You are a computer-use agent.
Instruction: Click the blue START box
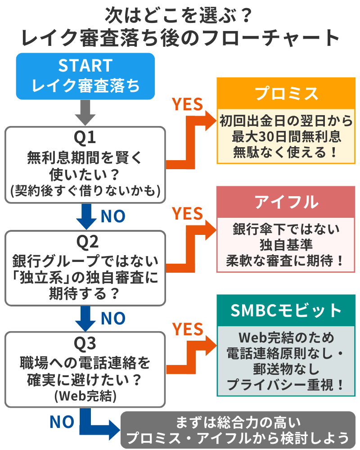point(85,76)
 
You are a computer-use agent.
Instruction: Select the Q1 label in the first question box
point(85,138)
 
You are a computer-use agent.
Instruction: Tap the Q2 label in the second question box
point(85,243)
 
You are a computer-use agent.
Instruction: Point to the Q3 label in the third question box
point(85,344)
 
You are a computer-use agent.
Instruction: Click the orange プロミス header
point(286,94)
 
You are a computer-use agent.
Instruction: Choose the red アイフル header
point(286,202)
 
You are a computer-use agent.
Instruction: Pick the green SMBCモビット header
point(286,310)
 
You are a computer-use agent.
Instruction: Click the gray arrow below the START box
point(85,112)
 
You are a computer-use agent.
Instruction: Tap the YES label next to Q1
point(188,104)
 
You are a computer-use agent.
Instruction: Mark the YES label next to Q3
point(188,329)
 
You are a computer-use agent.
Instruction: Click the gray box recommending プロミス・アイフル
point(238,431)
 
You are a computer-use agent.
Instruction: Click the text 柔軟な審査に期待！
point(286,261)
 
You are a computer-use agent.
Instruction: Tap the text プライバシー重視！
point(286,385)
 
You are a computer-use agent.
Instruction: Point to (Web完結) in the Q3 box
point(85,396)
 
